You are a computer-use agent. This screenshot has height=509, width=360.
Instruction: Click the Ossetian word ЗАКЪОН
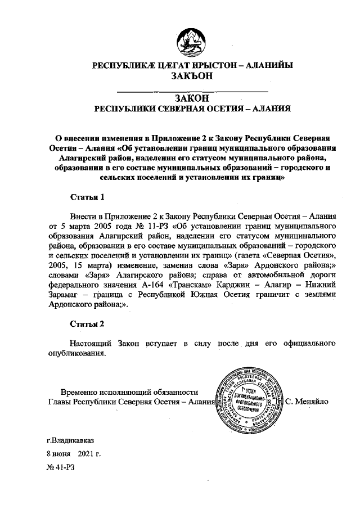pos(191,76)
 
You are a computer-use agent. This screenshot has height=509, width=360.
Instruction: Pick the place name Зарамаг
pos(65,294)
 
